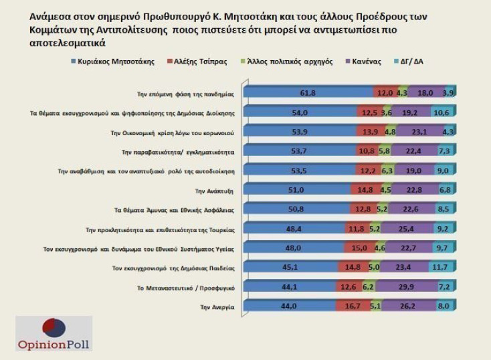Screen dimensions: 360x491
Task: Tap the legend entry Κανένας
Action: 365,62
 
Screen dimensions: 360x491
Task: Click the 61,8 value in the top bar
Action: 307,92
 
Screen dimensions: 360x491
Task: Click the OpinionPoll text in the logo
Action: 54,345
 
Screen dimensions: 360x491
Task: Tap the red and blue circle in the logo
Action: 54,329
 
